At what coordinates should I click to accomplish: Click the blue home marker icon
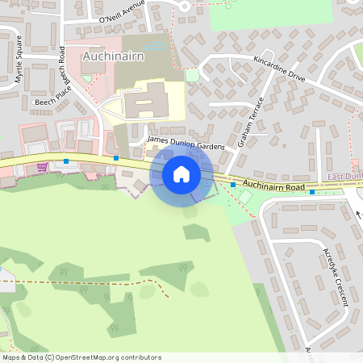(x=181, y=173)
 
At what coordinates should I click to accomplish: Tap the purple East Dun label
(x=344, y=177)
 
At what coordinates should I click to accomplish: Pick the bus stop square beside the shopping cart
(x=66, y=161)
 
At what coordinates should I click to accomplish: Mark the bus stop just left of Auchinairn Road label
(x=233, y=185)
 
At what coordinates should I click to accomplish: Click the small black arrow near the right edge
(x=358, y=215)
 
